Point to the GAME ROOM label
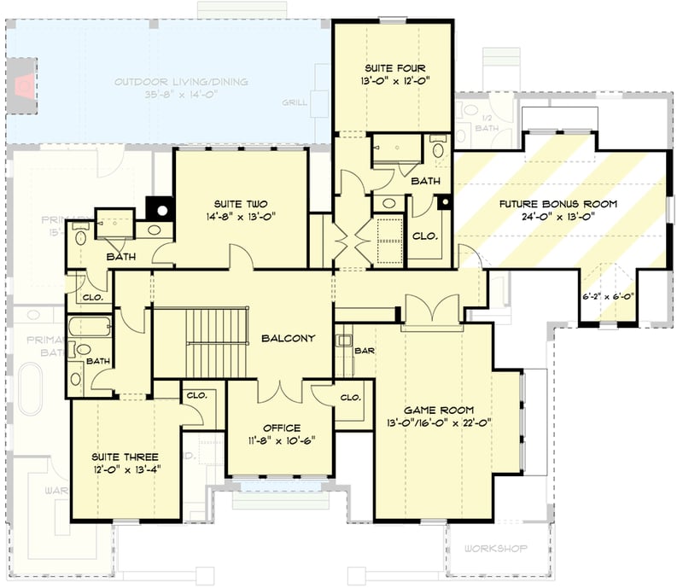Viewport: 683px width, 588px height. coord(439,410)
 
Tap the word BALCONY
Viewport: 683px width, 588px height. coord(288,338)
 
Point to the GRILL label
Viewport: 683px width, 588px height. coord(295,104)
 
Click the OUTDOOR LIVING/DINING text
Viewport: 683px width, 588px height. coord(182,82)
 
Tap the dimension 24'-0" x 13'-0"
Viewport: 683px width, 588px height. coord(560,217)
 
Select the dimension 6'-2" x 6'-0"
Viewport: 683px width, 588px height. coord(609,297)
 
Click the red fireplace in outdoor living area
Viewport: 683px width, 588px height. coord(27,84)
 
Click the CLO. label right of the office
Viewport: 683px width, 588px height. coord(350,397)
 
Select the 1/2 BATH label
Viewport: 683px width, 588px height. coord(487,123)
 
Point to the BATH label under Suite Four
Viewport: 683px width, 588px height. coord(425,181)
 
